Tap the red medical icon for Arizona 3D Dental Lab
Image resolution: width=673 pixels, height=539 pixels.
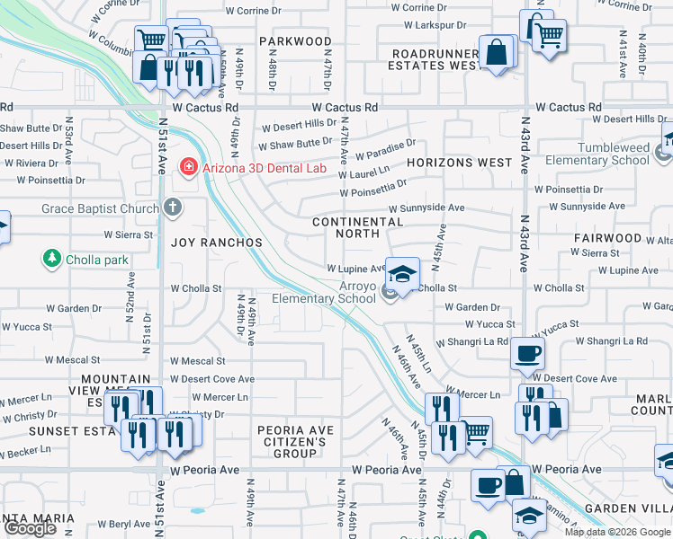[x=188, y=165]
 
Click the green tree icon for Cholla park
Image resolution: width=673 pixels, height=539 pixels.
[x=51, y=260]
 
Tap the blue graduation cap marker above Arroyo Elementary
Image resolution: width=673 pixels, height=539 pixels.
[x=402, y=271]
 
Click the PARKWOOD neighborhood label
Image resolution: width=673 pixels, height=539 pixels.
[x=295, y=41]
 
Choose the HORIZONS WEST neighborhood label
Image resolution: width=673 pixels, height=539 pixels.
[x=459, y=163]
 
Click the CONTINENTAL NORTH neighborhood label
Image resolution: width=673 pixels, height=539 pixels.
[x=357, y=227]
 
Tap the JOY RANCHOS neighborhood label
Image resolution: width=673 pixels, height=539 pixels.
[x=217, y=243]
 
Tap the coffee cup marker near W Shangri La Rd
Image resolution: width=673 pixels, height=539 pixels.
[x=527, y=354]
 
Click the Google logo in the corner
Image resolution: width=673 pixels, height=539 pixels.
[x=30, y=528]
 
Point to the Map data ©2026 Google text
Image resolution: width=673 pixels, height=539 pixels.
[x=617, y=532]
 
